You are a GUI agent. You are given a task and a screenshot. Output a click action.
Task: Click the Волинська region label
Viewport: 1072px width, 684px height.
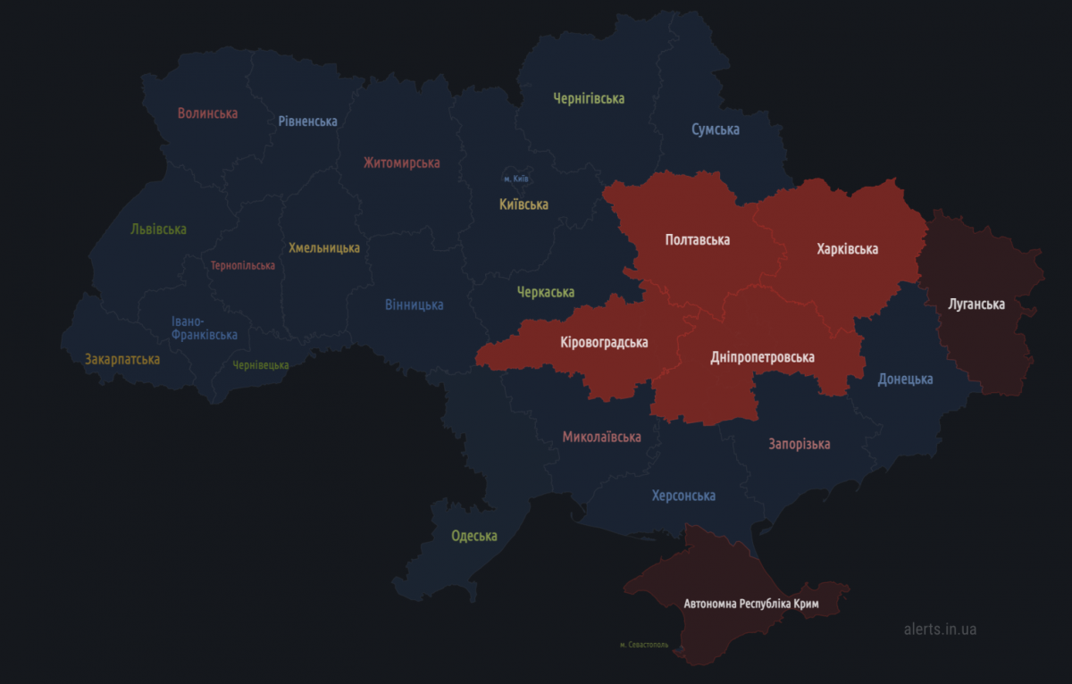(x=207, y=113)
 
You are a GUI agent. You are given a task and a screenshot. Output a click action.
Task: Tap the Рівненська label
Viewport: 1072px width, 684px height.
(x=307, y=121)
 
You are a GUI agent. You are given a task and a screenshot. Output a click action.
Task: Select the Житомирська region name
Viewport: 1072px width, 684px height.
(x=401, y=163)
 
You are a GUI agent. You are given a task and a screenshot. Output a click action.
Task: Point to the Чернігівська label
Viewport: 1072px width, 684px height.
(x=588, y=98)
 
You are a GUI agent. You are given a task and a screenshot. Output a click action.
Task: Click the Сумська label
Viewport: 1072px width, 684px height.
(x=715, y=129)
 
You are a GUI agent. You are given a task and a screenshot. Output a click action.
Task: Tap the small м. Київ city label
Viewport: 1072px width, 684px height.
(x=515, y=179)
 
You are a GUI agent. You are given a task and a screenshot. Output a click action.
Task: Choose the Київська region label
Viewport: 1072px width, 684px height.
(x=523, y=204)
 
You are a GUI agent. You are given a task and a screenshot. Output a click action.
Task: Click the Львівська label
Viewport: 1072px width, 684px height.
(x=158, y=229)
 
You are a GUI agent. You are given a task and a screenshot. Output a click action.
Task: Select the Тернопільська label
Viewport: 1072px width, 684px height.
(x=243, y=265)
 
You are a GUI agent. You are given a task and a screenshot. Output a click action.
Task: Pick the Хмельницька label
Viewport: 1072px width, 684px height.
(x=324, y=247)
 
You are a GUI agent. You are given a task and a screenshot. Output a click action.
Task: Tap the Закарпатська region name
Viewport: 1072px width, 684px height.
(x=122, y=359)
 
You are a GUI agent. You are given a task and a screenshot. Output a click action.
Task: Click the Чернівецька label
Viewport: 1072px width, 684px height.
(x=261, y=365)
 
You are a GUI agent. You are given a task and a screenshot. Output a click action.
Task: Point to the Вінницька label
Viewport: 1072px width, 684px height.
(x=414, y=304)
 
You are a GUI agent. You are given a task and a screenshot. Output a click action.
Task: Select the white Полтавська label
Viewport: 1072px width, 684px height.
(x=697, y=240)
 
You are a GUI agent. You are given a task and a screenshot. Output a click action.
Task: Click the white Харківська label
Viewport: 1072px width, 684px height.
(x=847, y=249)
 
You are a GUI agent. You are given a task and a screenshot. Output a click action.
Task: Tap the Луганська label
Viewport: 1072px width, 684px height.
(x=976, y=304)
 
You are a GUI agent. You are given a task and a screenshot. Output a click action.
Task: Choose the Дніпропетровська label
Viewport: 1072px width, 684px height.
(x=762, y=357)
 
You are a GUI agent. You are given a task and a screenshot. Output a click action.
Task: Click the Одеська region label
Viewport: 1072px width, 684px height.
(x=473, y=536)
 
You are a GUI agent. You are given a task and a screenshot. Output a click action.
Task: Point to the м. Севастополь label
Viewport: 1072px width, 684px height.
(x=643, y=645)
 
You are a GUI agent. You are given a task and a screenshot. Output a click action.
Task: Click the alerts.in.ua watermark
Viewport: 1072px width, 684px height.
(x=940, y=630)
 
